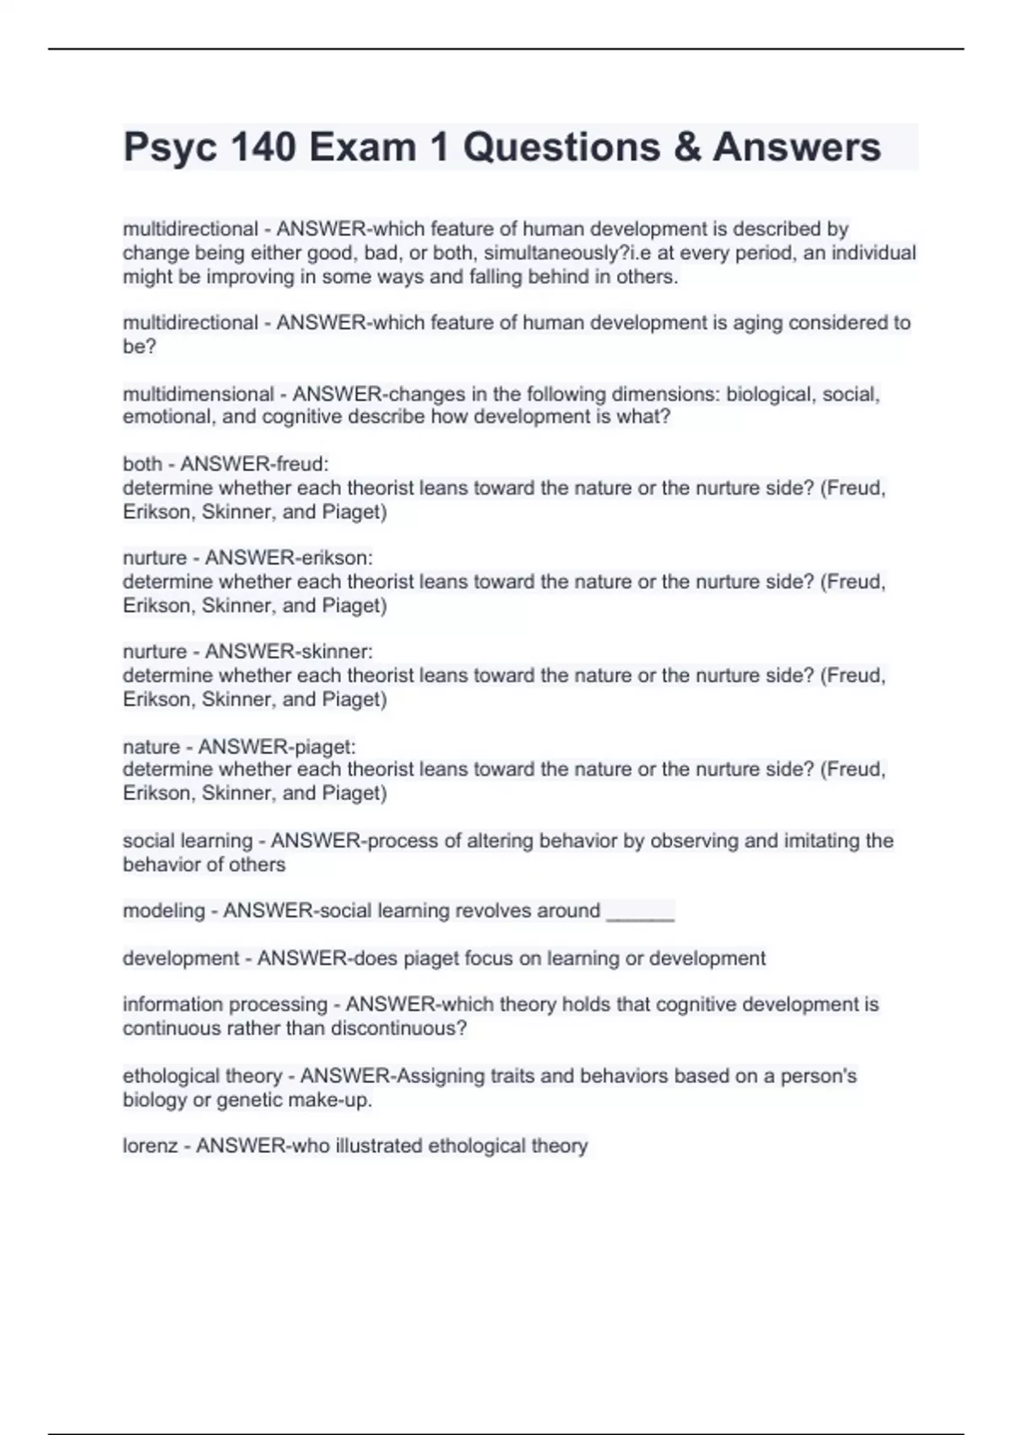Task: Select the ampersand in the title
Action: click(687, 148)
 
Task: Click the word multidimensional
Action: click(198, 394)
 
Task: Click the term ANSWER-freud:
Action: click(254, 464)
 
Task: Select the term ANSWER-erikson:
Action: click(289, 558)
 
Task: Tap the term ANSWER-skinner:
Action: click(289, 652)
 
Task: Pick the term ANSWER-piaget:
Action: click(277, 747)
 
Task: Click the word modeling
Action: click(164, 911)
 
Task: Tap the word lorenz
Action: click(149, 1146)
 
